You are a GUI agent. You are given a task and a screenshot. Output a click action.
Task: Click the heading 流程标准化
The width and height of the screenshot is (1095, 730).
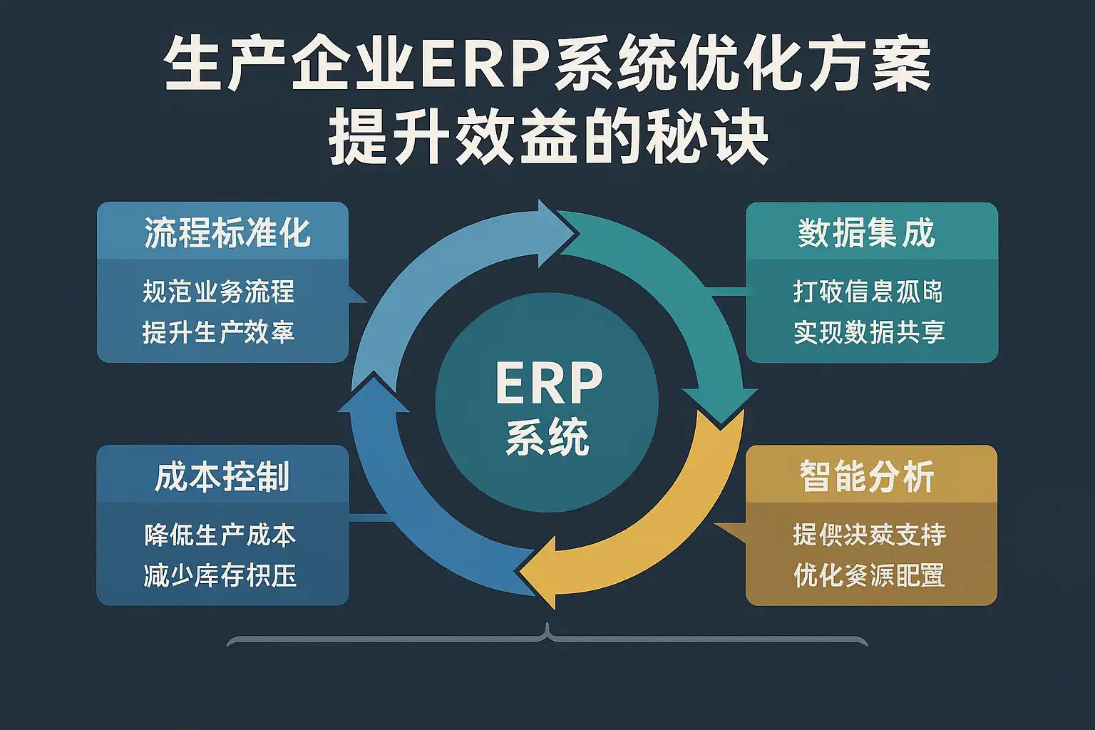(227, 233)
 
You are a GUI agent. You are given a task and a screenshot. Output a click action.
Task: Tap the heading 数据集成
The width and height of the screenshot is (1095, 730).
(866, 233)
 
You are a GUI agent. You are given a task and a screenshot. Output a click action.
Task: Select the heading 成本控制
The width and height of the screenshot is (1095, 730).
(222, 477)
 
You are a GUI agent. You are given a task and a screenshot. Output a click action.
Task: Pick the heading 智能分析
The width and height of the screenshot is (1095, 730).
(867, 477)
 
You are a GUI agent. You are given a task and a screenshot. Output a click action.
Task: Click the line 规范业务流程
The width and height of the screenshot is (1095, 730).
(218, 292)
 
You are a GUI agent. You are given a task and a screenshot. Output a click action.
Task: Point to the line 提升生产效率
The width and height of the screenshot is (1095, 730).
(218, 332)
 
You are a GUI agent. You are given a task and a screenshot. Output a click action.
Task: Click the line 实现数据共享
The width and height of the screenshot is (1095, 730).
(869, 332)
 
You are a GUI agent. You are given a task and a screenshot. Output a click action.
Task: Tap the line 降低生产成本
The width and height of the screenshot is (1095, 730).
(220, 535)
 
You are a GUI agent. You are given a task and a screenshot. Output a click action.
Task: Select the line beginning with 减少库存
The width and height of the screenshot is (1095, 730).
(220, 575)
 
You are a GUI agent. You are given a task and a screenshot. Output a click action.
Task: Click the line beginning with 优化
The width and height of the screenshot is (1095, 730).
(869, 575)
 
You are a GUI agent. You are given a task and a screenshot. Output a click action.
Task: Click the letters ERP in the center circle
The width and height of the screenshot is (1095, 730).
(548, 384)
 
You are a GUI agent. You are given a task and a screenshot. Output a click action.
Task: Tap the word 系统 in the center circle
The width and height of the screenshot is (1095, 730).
(547, 437)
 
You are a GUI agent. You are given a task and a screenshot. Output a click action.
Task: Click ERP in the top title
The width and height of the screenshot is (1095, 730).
(484, 68)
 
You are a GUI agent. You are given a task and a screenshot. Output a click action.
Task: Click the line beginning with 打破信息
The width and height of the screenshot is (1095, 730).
(868, 292)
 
